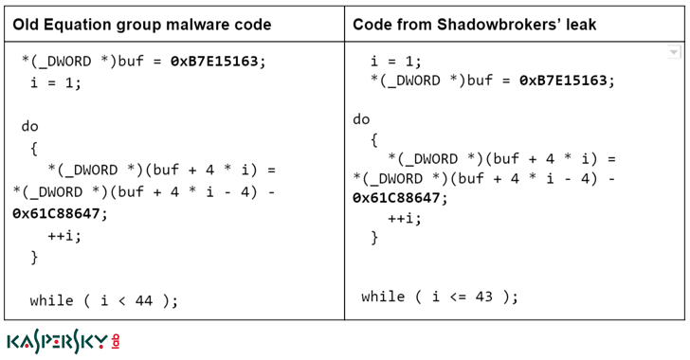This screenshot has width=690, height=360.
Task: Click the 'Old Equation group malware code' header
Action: tap(142, 25)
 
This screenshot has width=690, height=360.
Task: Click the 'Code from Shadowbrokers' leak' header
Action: tap(474, 25)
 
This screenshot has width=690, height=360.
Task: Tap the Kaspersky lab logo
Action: tap(63, 341)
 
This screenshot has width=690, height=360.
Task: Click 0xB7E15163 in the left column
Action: tap(218, 62)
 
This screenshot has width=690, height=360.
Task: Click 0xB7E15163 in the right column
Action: tap(567, 81)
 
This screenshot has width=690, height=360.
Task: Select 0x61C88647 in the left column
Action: tap(60, 213)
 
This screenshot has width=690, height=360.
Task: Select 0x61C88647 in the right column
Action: tap(399, 198)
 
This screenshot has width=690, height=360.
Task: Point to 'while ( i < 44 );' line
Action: tap(103, 300)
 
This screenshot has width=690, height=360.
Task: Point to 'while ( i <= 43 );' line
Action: tap(440, 297)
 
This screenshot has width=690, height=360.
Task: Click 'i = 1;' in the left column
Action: tap(56, 82)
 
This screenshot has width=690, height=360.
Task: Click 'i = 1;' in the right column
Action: tap(395, 61)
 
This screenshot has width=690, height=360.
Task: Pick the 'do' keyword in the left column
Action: tap(29, 126)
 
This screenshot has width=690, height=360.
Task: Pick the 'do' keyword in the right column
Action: tap(361, 119)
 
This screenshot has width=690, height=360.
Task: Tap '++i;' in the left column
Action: tap(64, 235)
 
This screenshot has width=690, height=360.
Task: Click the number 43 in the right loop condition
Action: tap(484, 297)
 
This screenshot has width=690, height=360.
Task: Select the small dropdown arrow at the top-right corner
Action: tap(674, 53)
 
